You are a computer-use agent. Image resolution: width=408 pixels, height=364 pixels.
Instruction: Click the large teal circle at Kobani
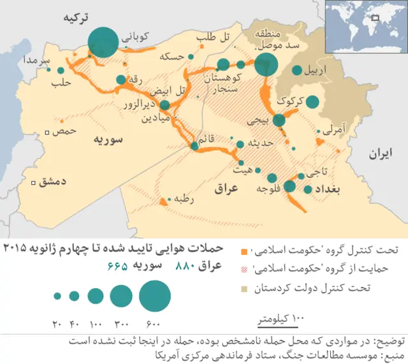(x=102, y=43)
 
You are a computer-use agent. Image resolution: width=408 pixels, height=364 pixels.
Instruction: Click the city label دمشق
(x=53, y=182)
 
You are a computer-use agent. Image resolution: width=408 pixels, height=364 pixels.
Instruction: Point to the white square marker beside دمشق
(x=34, y=182)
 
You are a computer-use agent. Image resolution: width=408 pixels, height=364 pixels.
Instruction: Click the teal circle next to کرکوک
(x=312, y=101)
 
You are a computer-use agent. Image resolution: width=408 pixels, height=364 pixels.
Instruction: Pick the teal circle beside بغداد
(x=309, y=189)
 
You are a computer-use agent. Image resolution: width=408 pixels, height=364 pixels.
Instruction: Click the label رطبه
(x=183, y=200)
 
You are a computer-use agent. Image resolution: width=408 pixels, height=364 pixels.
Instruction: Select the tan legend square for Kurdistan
(x=244, y=288)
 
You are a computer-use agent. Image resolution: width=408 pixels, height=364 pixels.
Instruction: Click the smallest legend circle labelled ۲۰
(x=57, y=296)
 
